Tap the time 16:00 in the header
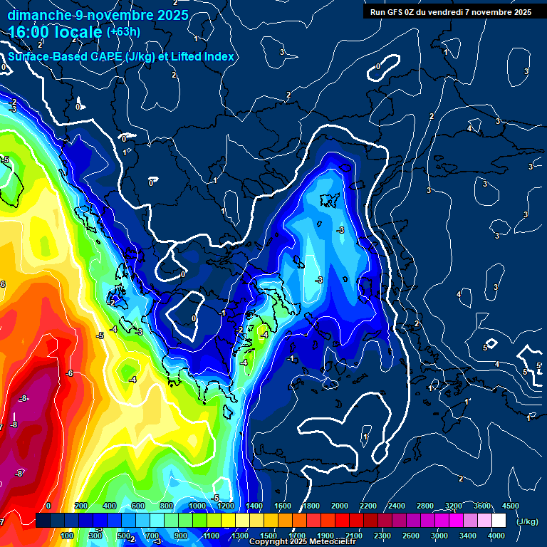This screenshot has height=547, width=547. coord(30,32)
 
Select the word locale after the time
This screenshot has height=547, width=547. coord(79,32)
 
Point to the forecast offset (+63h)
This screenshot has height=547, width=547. coord(123,32)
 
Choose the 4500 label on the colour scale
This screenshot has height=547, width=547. coord(511,506)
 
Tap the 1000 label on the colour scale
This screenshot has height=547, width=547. coord(197,506)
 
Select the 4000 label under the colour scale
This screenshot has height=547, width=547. coord(496,536)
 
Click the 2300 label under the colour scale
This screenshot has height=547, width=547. coord(382,536)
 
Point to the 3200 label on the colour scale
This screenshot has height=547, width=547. coord(454,506)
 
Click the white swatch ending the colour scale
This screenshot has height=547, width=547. coord(499,521)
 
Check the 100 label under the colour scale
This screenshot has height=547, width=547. coord(67,536)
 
